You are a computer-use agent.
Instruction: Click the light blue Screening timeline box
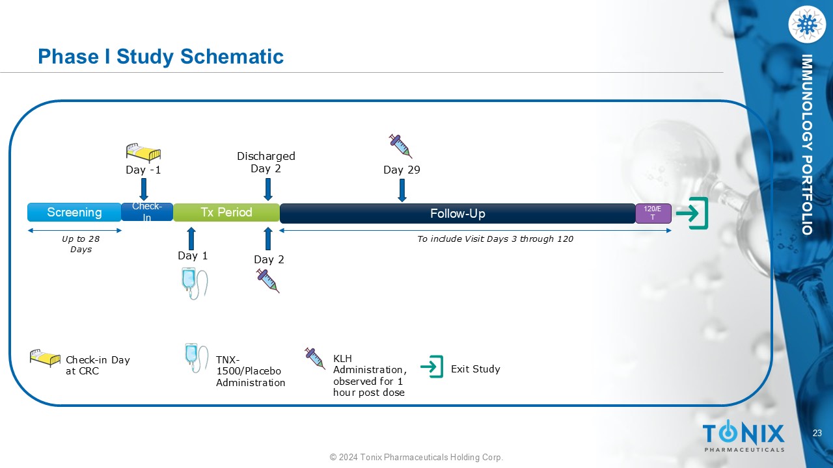[74, 213]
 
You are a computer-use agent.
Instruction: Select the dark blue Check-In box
[147, 213]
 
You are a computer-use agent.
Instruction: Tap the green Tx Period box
[226, 213]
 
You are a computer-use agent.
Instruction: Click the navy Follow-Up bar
[457, 214]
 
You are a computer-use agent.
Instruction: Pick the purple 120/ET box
[653, 213]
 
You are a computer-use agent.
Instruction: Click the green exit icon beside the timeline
[692, 213]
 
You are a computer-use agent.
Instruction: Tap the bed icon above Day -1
[143, 152]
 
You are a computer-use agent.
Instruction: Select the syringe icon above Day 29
[401, 146]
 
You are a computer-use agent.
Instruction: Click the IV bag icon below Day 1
[193, 283]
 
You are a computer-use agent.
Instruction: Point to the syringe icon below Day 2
[268, 281]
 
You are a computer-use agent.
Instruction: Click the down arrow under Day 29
[402, 190]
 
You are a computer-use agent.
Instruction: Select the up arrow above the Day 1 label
[191, 239]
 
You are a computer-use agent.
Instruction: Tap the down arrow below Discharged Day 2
[267, 190]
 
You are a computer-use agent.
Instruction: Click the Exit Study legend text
[475, 369]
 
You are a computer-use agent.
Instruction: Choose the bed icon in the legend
[45, 358]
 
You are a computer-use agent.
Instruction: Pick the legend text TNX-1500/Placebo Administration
[251, 371]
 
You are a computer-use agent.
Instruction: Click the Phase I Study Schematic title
[161, 57]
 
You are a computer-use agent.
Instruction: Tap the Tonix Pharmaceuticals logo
[743, 436]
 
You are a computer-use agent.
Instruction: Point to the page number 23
[817, 434]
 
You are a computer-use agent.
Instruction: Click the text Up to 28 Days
[81, 244]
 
